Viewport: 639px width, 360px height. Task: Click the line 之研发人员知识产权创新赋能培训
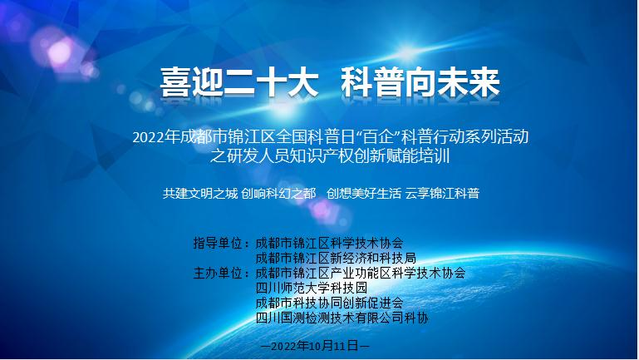pos(319,155)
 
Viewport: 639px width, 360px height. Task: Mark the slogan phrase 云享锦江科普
pos(443,193)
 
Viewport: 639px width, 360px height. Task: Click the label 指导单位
pos(220,244)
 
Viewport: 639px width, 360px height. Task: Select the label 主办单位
pos(220,273)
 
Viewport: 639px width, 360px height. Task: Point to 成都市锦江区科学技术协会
pos(330,244)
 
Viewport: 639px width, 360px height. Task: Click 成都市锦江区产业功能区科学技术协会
pos(361,273)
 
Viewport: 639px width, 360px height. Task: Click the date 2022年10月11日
pos(315,343)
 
